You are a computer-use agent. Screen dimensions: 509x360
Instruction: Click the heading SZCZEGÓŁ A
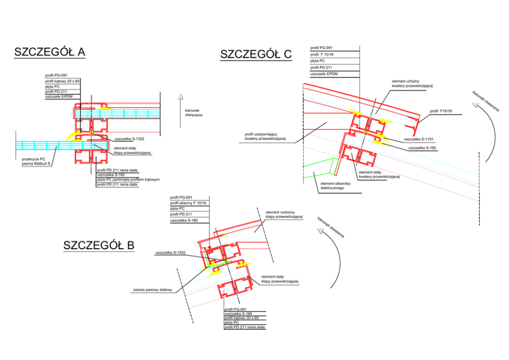pos(50,52)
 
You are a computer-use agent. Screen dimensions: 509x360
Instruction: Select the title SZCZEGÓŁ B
pos(99,246)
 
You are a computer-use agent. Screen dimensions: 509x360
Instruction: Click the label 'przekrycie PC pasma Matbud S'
pos(36,162)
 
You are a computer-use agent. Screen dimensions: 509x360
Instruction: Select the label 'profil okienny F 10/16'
pos(188,203)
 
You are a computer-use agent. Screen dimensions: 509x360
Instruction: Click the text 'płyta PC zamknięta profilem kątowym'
pos(128,179)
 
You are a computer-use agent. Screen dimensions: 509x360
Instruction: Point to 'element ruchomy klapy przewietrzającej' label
pos(284,214)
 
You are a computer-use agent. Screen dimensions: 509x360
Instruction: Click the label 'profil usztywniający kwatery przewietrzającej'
pos(265,136)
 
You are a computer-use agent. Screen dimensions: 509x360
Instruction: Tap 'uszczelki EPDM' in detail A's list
pos(58,96)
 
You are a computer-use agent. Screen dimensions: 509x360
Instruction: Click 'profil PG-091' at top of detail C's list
pos(322,48)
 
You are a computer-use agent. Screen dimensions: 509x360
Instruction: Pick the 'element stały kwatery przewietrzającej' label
pos(379,174)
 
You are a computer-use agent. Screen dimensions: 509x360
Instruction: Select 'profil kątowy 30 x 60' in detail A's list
pos(62,81)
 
